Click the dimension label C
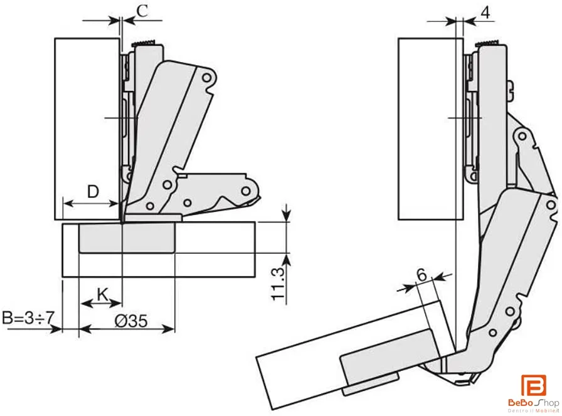pyautogui.click(x=142, y=11)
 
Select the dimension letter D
pyautogui.click(x=93, y=192)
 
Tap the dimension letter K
pyautogui.click(x=102, y=294)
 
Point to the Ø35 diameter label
pyautogui.click(x=131, y=321)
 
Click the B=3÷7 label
pyautogui.click(x=28, y=318)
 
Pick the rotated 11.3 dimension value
pyautogui.click(x=278, y=284)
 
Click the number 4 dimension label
pyautogui.click(x=485, y=13)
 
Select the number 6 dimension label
pyautogui.click(x=422, y=275)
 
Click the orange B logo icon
pyautogui.click(x=533, y=385)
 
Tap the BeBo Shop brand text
pyautogui.click(x=533, y=403)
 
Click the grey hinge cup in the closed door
pyautogui.click(x=127, y=237)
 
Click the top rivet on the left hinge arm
pyautogui.click(x=206, y=78)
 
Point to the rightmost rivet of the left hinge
pyautogui.click(x=245, y=191)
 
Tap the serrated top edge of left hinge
pyautogui.click(x=145, y=43)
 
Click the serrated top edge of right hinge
pyautogui.click(x=488, y=43)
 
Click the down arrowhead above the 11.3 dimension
pyautogui.click(x=286, y=215)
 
